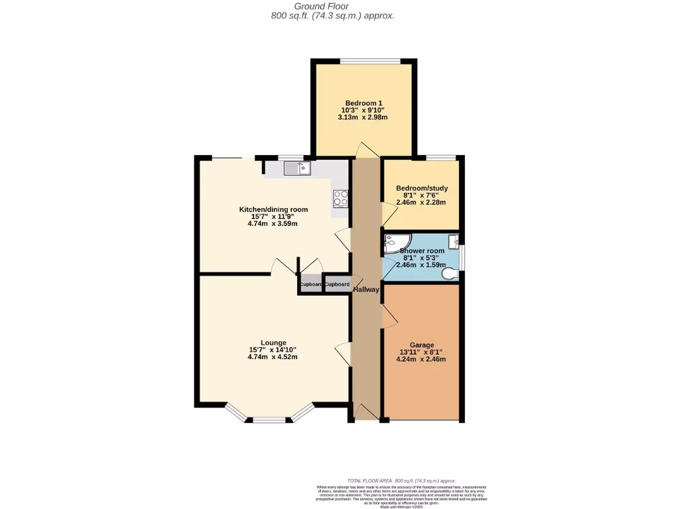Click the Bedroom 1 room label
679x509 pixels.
pos(362,103)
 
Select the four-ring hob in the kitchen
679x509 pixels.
pos(341,197)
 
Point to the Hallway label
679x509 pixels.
pos(366,290)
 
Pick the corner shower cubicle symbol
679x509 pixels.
pos(396,244)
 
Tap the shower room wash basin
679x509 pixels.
pos(454,240)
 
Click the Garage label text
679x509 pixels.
pos(422,345)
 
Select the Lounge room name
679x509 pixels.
pos(273,343)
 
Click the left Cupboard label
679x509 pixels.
pos(310,284)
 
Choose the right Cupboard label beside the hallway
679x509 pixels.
pos(337,284)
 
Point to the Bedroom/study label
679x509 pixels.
pos(421,188)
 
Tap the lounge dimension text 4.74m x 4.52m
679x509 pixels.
pos(273,357)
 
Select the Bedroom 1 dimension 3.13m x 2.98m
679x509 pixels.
pos(362,117)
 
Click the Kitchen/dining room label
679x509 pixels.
pos(273,209)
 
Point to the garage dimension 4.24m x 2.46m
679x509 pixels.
pos(422,359)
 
